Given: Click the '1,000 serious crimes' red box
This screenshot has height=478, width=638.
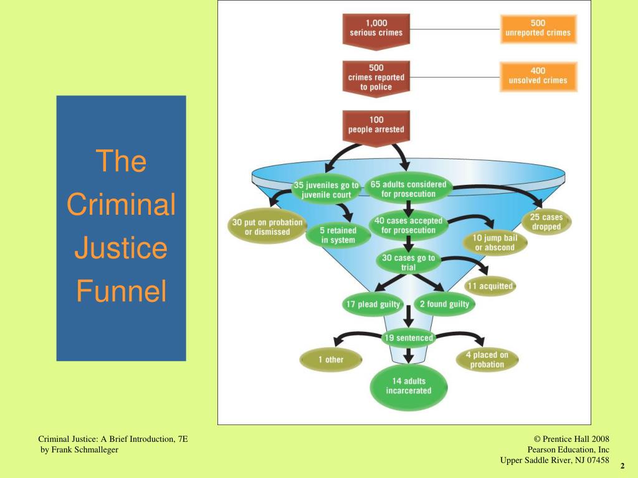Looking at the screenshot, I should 376,28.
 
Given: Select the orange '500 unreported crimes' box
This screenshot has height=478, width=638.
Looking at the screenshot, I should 538,28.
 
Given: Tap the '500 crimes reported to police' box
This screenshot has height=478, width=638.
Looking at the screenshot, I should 376,77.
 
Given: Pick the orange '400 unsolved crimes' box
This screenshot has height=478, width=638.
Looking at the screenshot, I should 538,75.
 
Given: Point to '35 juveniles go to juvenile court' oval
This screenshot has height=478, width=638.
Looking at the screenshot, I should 326,189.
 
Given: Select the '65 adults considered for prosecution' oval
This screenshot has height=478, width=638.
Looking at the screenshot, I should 408,189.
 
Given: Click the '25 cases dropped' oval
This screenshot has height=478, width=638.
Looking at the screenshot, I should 546,222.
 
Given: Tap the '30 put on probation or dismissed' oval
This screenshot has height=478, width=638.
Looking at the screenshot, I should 267,227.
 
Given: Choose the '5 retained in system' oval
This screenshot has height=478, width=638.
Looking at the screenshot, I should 338,235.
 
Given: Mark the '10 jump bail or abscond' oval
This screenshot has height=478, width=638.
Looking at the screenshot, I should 495,243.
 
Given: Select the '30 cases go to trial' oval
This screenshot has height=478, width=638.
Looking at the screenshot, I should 408,263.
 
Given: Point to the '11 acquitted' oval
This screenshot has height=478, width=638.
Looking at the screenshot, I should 490,286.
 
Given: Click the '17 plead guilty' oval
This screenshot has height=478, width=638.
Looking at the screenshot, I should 373,304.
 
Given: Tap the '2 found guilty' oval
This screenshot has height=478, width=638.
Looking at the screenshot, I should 444,304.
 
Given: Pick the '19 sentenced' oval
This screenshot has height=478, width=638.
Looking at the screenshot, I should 408,338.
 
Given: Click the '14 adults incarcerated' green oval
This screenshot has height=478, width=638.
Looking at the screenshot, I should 408,386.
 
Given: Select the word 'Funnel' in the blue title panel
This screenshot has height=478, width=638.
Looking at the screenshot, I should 121,291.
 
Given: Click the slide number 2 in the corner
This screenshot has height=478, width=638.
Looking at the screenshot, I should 622,466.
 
